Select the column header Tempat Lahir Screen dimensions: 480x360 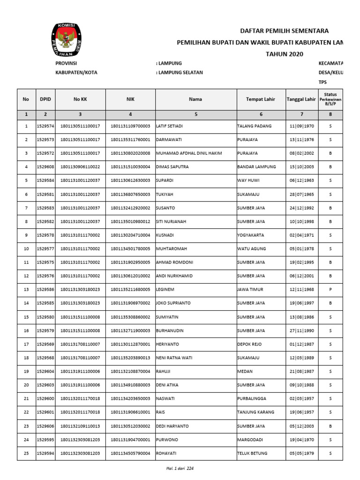261,99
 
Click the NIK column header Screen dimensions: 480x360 130,99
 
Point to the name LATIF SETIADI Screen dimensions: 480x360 169,127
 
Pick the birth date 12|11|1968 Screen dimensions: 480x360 301,290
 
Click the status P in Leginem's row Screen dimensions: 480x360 330,290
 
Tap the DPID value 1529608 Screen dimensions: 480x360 46,167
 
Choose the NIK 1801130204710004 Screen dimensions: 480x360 130,235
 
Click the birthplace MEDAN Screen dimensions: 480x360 245,372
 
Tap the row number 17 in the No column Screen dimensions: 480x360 26,345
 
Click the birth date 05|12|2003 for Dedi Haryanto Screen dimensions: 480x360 301,426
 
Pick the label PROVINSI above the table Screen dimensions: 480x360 66,63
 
